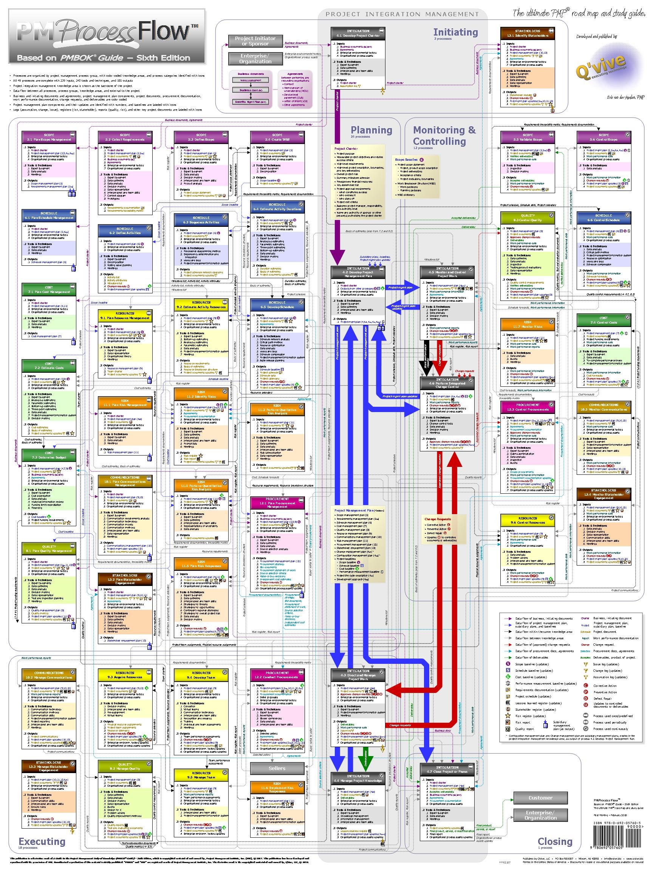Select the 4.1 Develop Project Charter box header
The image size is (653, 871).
(x=358, y=33)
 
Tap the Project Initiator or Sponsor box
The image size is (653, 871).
(x=255, y=40)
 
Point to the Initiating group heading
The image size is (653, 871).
(x=455, y=32)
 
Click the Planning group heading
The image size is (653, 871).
(x=371, y=130)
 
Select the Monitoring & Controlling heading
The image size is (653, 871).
(x=444, y=135)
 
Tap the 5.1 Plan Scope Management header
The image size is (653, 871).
(x=49, y=137)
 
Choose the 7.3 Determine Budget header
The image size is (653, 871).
(x=49, y=455)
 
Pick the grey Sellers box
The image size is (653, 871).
(x=277, y=768)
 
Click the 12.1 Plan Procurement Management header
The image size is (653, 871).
(x=277, y=503)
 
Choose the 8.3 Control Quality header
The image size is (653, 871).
(x=528, y=218)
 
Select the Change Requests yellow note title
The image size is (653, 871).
(x=437, y=519)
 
